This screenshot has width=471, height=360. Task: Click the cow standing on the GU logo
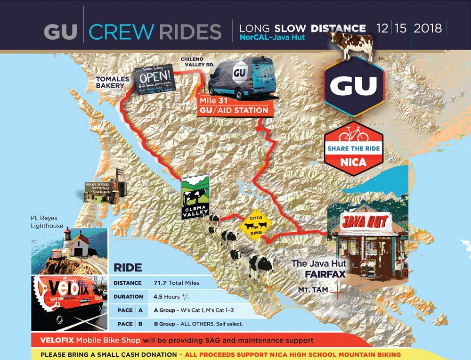point(354,45)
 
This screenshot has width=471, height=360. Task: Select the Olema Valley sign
point(195,197)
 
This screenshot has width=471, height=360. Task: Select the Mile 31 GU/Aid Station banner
point(234,106)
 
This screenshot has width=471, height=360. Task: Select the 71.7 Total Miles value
point(176,283)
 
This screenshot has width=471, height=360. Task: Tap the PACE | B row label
point(128,324)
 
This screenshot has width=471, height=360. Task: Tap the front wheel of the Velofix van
point(63,319)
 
